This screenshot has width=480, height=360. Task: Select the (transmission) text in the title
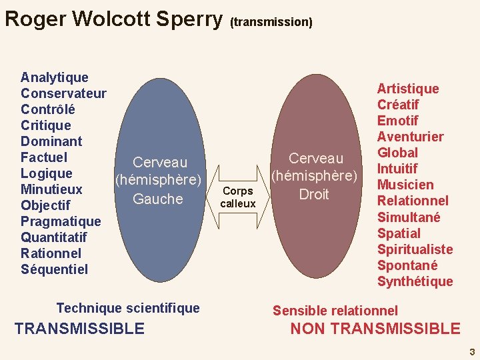click(x=271, y=22)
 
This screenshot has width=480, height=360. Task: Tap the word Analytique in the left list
click(x=55, y=77)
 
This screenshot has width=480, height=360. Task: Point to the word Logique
click(x=47, y=173)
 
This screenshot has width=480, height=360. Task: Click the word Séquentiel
click(x=54, y=269)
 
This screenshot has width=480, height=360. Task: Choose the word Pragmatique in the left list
click(x=61, y=221)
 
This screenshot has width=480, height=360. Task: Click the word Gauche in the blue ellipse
click(x=158, y=199)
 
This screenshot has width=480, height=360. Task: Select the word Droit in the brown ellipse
click(x=314, y=194)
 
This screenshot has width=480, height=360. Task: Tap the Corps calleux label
click(x=238, y=197)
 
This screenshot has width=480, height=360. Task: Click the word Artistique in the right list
click(x=408, y=89)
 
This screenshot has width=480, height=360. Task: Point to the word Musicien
click(x=405, y=185)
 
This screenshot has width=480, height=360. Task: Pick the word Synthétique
click(x=415, y=281)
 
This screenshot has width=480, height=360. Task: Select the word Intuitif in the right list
click(x=397, y=169)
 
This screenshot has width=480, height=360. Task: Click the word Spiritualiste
click(x=415, y=249)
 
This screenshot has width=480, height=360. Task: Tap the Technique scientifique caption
click(x=128, y=308)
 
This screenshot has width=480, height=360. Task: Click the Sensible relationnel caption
click(x=335, y=311)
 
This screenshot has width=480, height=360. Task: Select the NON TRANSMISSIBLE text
click(x=375, y=329)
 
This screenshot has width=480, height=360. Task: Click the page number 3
click(x=471, y=351)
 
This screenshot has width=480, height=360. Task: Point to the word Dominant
click(x=51, y=141)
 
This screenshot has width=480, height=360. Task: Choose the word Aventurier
click(x=410, y=137)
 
